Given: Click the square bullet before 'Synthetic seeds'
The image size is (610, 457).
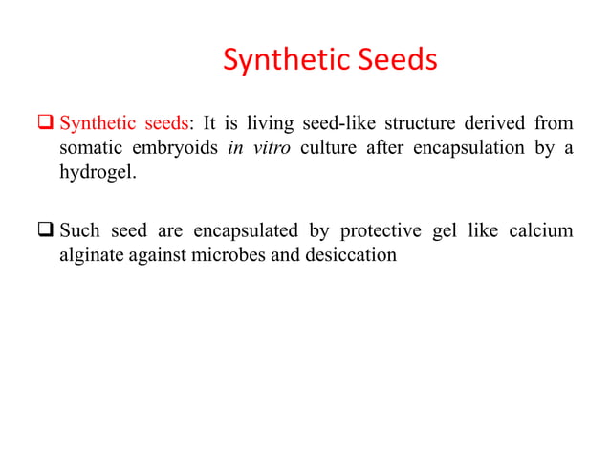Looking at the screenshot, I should (x=45, y=125).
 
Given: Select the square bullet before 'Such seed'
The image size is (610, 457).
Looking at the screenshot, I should (x=45, y=232).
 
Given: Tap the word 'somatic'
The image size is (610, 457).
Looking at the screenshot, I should (x=90, y=149).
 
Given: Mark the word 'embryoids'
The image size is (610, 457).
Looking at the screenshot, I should (x=174, y=149).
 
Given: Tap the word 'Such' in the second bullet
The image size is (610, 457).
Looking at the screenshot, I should (x=80, y=231).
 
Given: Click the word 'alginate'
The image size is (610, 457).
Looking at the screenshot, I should (x=94, y=256).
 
